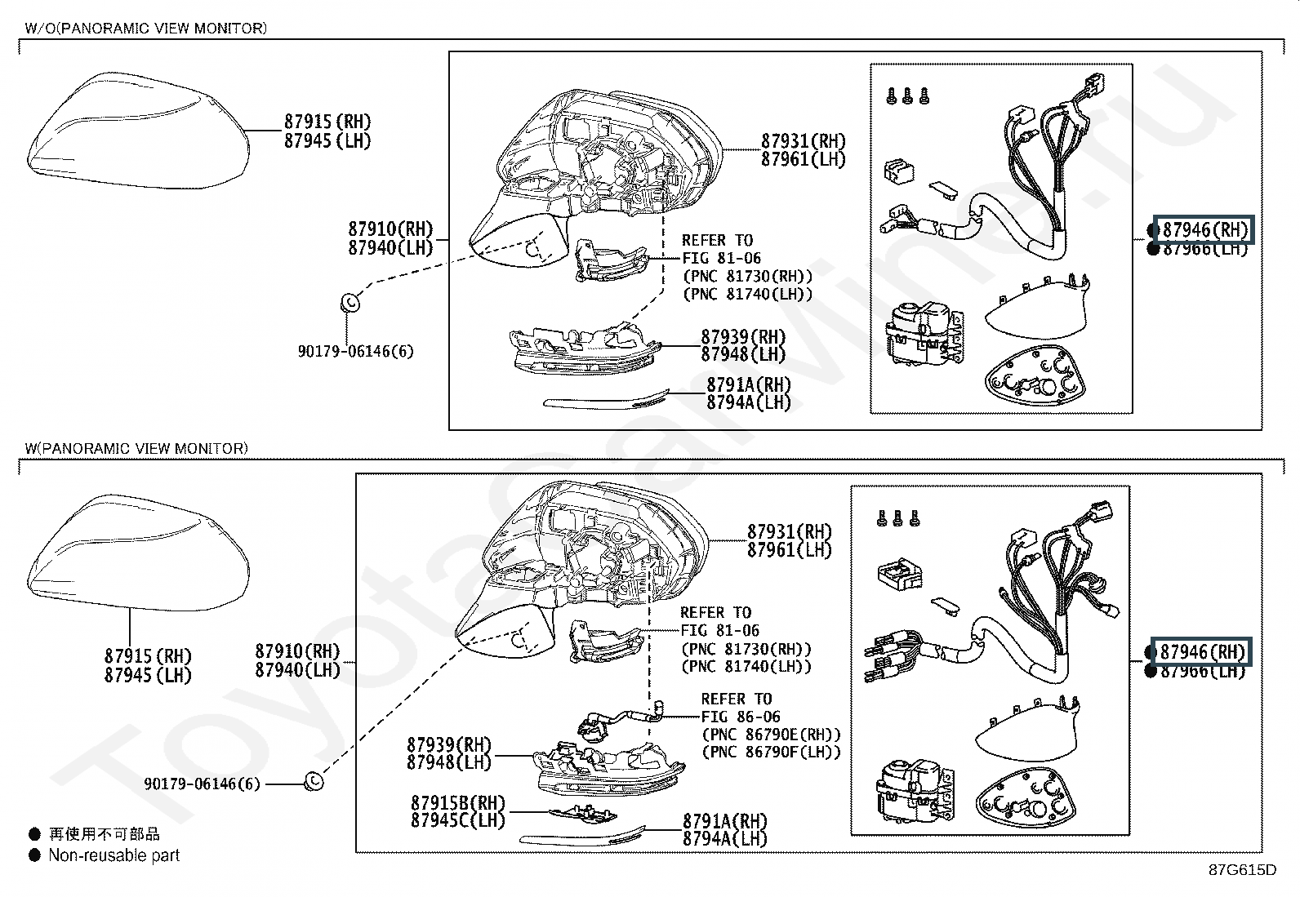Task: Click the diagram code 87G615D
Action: tap(1242, 869)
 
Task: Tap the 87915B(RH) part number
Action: tap(458, 803)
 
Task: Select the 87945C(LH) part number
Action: tap(458, 821)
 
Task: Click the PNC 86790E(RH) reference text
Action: tap(771, 735)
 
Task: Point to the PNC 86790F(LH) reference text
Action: tap(771, 753)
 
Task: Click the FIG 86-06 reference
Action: tap(741, 717)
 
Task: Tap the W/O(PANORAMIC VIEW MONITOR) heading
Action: tap(145, 29)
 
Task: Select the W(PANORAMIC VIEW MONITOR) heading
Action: tap(136, 448)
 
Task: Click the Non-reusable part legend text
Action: tap(114, 855)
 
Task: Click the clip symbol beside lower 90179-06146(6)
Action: tap(313, 782)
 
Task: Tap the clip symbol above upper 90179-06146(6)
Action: tap(349, 303)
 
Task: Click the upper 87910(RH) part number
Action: tap(390, 229)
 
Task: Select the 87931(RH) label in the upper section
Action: tap(804, 141)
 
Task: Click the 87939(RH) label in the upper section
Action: tap(743, 337)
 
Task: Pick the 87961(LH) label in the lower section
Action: tap(790, 550)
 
